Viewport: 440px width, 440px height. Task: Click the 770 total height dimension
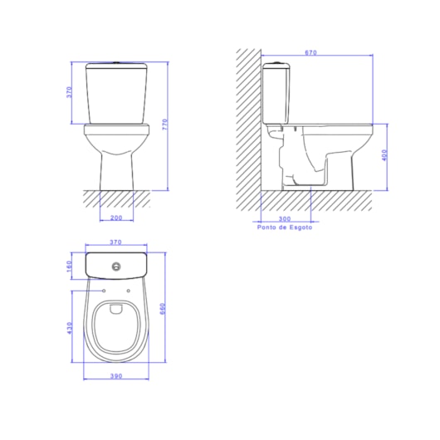(165, 125)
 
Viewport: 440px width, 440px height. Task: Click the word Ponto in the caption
(267, 227)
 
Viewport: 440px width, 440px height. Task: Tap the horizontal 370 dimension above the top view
(115, 242)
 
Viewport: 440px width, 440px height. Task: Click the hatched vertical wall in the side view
(247, 125)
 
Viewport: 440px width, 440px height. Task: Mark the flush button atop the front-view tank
(115, 63)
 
